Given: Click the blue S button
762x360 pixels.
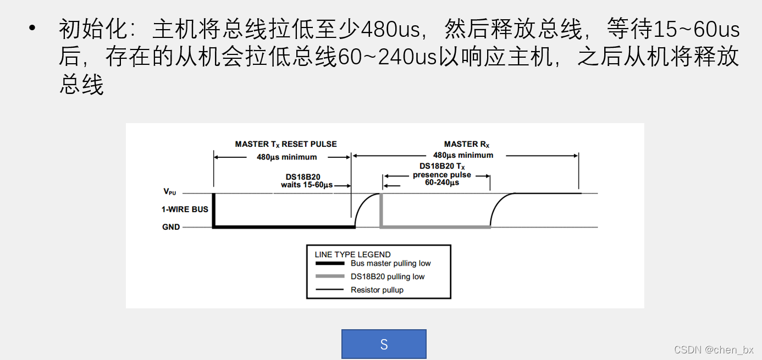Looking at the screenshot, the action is [x=384, y=344].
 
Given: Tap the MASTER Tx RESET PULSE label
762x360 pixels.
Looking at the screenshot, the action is [x=286, y=144].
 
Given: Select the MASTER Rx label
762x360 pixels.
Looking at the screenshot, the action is [x=466, y=144].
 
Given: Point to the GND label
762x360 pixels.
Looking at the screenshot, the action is [x=171, y=227].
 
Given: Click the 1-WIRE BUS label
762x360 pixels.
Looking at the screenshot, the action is [x=185, y=209].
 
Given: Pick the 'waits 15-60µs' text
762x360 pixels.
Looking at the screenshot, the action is [x=306, y=185].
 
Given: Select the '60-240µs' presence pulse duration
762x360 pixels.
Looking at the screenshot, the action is [x=442, y=182].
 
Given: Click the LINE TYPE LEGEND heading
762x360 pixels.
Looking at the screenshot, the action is [x=352, y=254].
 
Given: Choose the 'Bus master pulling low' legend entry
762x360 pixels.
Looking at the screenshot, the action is [x=390, y=263].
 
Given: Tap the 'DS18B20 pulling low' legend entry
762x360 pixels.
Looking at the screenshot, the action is [x=388, y=276].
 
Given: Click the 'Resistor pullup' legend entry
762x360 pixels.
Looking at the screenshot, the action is [x=377, y=290].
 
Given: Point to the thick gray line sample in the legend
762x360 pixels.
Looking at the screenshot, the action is [x=330, y=276].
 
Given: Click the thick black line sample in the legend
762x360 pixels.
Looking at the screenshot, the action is [x=330, y=263].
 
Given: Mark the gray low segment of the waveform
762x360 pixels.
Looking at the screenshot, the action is [x=435, y=227].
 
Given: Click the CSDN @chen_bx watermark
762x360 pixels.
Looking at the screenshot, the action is [x=714, y=350].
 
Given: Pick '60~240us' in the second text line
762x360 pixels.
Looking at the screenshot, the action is [x=386, y=57].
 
